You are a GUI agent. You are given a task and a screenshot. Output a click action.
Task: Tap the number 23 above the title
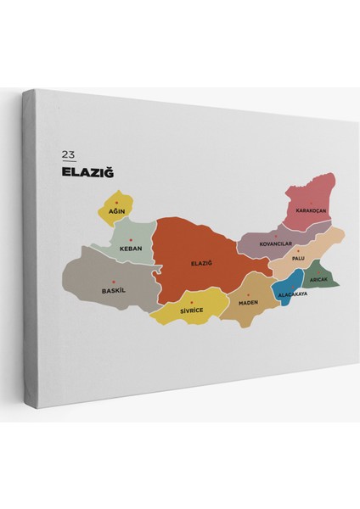point(68,155)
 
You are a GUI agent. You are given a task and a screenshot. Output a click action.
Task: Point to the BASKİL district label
point(112,290)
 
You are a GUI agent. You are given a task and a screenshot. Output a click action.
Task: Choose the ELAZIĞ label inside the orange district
point(200,263)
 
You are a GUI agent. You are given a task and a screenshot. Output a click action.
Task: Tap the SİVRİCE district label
point(193,310)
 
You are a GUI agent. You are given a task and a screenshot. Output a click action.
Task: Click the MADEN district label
point(248,302)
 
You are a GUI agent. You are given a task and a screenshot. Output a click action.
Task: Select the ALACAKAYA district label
point(292,294)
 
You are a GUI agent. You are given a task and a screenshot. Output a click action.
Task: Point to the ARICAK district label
point(319,278)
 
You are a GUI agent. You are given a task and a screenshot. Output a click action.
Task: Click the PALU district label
point(297,258)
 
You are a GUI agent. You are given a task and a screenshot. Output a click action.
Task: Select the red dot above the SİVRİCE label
point(193,302)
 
